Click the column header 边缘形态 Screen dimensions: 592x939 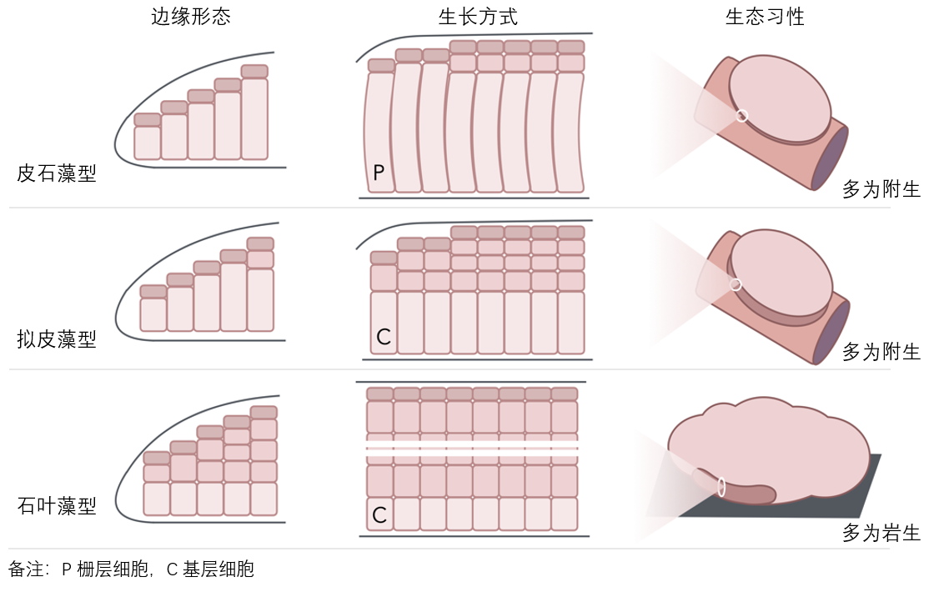tap(191, 18)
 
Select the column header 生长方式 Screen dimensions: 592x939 tap(478, 18)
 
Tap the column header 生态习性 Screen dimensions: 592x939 tap(765, 18)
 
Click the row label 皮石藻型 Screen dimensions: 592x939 tap(57, 174)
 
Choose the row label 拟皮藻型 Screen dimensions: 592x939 tap(57, 339)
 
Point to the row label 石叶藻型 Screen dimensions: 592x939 tap(57, 506)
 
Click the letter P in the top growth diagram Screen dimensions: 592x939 tap(379, 173)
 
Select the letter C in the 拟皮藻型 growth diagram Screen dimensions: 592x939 tap(383, 337)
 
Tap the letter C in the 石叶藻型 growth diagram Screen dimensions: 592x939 tap(379, 515)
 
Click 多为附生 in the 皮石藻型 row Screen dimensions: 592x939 tap(881, 190)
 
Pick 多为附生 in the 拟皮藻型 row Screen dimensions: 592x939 tap(881, 352)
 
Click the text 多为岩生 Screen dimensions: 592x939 tap(881, 534)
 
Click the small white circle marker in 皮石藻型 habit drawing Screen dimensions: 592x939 tap(742, 116)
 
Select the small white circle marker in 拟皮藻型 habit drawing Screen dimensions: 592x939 tap(736, 285)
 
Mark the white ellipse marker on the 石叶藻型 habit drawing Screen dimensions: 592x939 tap(721, 486)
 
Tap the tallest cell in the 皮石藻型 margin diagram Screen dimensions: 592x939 tap(254, 118)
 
